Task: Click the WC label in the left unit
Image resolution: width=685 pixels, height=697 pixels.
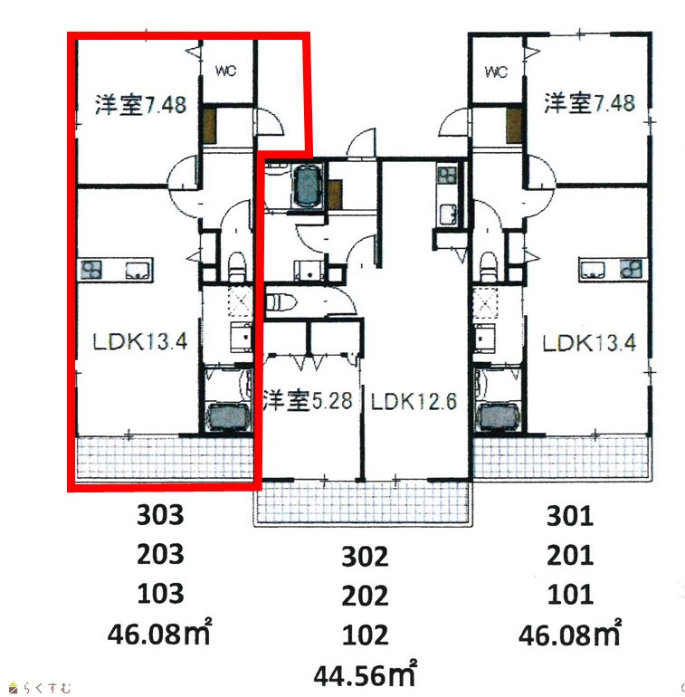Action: (x=225, y=71)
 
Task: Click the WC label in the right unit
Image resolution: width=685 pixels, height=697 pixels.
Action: (x=496, y=72)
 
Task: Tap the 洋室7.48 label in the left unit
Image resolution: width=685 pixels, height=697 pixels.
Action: (x=140, y=105)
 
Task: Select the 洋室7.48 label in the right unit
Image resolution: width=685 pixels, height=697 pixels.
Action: (x=589, y=102)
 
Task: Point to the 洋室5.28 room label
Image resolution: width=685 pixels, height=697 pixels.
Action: (x=308, y=400)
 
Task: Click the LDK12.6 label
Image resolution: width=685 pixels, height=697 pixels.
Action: (x=414, y=401)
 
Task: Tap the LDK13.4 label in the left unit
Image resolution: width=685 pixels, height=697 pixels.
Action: (x=140, y=341)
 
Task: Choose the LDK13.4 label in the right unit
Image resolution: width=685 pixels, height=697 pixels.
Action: (x=589, y=343)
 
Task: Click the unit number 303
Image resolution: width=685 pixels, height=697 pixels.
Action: (x=160, y=515)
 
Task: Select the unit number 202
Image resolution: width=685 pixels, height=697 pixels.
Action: (x=365, y=596)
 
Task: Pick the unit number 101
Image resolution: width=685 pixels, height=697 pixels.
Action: (x=570, y=595)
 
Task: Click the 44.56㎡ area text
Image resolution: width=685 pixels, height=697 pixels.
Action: (x=366, y=674)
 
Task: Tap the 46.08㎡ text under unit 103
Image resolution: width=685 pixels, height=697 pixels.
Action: (x=159, y=632)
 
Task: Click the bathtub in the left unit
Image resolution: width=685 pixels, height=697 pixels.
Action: (x=228, y=416)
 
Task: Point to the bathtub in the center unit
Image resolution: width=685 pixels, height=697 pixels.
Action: (x=308, y=186)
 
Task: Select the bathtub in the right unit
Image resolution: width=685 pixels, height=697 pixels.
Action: (x=498, y=416)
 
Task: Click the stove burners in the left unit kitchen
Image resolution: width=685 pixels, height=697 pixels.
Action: (x=92, y=270)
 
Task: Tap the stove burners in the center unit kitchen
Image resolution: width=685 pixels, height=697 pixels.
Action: (x=446, y=176)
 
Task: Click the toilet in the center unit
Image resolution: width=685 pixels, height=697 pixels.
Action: (x=281, y=302)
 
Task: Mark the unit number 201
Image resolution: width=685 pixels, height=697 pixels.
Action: (x=570, y=555)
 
